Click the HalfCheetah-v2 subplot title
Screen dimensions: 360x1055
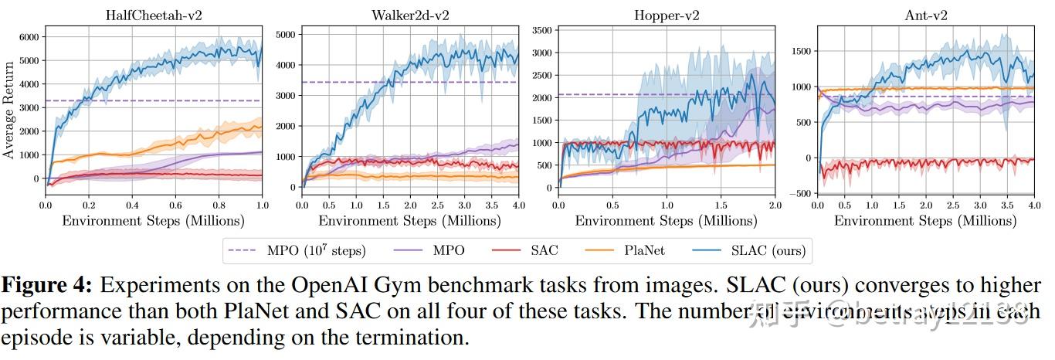click(x=153, y=15)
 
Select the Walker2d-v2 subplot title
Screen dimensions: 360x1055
click(x=409, y=15)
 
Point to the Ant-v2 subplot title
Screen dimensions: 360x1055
click(x=925, y=15)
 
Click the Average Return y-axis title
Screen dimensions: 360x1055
click(x=8, y=111)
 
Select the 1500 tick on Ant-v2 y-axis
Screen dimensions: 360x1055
click(x=799, y=51)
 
